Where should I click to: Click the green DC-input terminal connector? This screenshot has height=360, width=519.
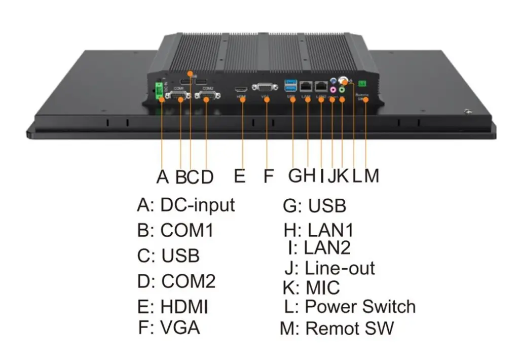(x=160, y=90)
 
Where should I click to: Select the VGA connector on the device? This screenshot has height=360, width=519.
(x=265, y=87)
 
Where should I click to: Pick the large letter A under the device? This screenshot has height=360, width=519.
(x=162, y=176)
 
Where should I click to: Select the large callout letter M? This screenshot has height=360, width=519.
(x=371, y=176)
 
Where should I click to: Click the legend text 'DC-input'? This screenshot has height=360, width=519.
(x=198, y=205)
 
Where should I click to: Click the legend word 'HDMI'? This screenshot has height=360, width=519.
(x=184, y=307)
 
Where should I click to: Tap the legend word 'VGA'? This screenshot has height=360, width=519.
(x=180, y=328)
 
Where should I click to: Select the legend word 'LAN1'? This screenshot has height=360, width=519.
(x=330, y=230)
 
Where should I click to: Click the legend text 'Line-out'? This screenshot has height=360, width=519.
(x=340, y=268)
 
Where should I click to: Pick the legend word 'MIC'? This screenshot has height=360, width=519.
(x=323, y=287)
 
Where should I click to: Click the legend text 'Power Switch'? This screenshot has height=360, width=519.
(x=360, y=307)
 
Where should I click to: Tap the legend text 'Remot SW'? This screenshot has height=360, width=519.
(x=350, y=328)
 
